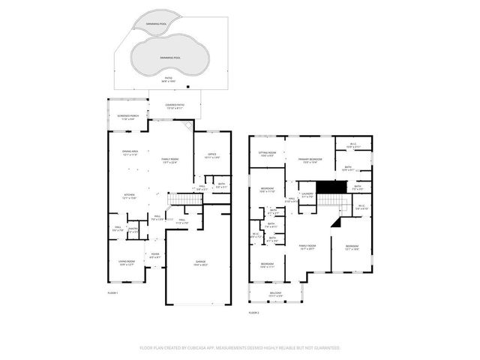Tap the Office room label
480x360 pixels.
tap(211, 156)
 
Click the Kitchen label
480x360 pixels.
tap(130, 195)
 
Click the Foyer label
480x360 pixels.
tap(155, 254)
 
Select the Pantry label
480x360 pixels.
tap(132, 229)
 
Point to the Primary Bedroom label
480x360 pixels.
tap(310, 159)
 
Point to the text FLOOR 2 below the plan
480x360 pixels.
tap(253, 312)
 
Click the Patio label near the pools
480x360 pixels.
tap(169, 76)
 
